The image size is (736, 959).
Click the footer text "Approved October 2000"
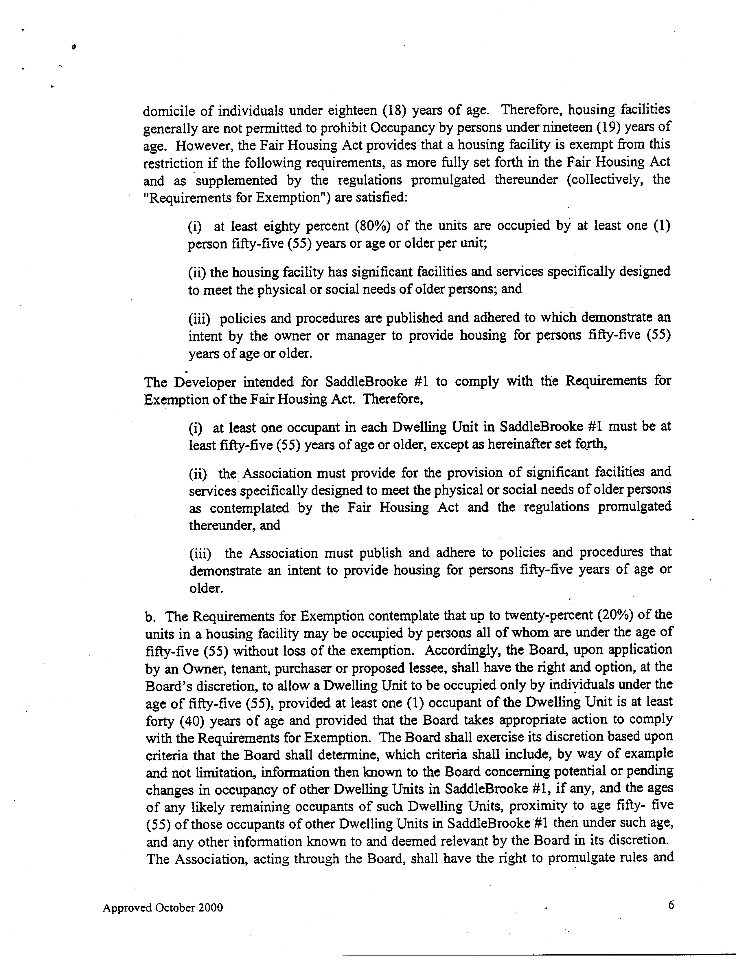[x=163, y=908]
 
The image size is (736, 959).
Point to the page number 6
[x=671, y=905]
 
